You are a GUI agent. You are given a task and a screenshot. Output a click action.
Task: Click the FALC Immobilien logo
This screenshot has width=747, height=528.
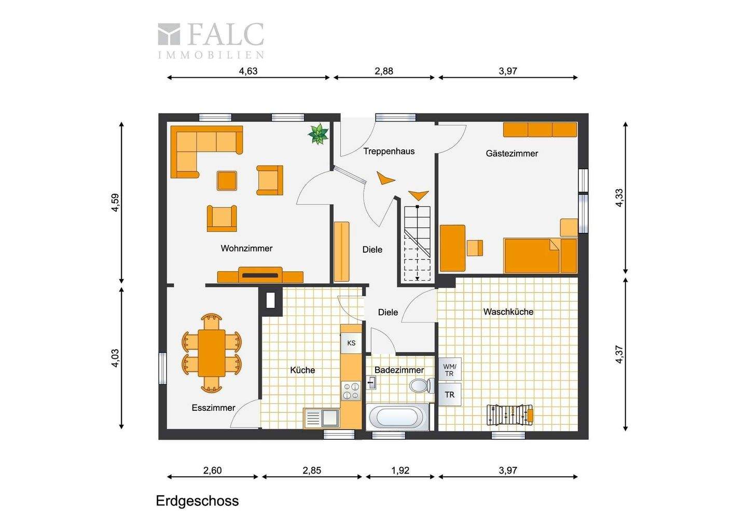211,40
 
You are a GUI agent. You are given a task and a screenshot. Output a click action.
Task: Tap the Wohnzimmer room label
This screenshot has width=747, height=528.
246,248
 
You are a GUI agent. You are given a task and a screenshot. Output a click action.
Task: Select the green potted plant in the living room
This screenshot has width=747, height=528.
318,134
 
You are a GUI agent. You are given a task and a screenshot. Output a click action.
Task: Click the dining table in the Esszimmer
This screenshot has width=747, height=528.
212,353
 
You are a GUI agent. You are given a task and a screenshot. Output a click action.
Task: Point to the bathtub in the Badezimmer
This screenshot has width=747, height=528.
397,417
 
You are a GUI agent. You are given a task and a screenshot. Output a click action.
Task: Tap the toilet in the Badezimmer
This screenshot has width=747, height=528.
422,385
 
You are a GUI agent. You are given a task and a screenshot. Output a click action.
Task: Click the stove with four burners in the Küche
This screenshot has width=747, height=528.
351,391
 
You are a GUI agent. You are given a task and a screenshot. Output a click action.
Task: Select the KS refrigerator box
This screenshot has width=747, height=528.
351,343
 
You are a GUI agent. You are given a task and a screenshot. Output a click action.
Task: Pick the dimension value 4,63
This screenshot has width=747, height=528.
248,71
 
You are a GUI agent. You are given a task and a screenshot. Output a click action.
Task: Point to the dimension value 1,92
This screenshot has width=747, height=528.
400,470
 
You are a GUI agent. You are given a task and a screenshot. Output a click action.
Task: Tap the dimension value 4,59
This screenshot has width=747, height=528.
115,203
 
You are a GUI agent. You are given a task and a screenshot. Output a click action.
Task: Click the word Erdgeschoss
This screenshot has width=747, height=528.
198,501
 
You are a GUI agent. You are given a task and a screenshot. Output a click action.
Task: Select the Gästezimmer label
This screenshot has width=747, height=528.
511,154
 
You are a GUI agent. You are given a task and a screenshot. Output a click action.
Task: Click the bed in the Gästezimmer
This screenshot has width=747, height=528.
540,255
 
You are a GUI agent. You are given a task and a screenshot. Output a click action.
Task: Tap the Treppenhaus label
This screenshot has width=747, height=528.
389,151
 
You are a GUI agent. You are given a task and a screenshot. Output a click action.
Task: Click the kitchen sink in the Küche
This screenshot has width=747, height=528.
322,418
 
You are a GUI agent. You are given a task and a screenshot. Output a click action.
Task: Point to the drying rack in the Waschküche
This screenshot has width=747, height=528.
509,415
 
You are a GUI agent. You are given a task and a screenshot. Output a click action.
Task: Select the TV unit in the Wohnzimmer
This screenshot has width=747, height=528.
260,275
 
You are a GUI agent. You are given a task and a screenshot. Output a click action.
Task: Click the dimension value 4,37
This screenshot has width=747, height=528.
619,355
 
